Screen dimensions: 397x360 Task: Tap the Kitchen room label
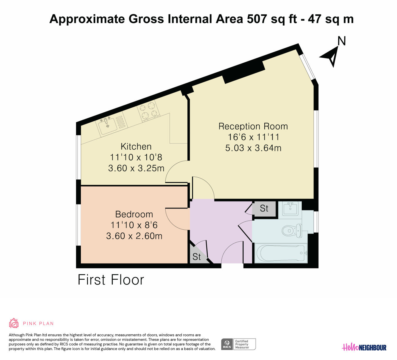coord(136,147)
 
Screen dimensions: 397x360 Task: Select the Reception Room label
coord(253,126)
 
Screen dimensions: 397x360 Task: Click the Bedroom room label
coord(134,214)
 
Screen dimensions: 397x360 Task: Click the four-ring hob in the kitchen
coord(149,111)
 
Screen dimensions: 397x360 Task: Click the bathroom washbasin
coord(290,209)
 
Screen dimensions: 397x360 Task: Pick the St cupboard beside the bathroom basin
coord(264,209)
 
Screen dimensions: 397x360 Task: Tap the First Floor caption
coord(111,280)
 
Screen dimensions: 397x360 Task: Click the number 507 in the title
coord(257,19)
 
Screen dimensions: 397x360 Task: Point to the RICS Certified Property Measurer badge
coord(238,344)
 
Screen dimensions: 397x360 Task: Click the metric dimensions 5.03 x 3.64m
coord(253,148)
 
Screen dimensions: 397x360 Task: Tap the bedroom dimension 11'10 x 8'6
coord(134,225)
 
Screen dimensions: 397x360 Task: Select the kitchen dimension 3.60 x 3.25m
coord(136,168)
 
